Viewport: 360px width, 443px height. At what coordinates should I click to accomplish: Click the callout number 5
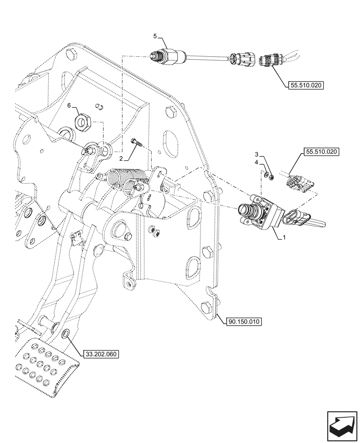(155, 35)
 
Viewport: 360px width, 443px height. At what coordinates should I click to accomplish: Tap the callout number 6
(69, 106)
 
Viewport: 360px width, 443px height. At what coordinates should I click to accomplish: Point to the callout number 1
(284, 238)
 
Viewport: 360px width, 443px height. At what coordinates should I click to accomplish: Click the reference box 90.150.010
(245, 321)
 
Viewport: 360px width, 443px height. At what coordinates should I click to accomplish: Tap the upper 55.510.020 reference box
(306, 86)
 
